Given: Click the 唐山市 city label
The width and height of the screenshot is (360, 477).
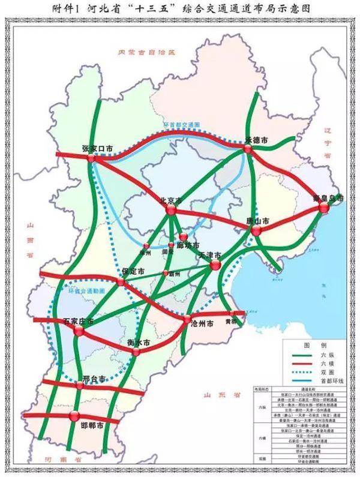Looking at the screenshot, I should click(258, 221).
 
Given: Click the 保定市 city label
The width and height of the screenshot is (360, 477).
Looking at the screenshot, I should click(133, 272).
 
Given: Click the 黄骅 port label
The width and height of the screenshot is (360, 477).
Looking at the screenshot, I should click(230, 321).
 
